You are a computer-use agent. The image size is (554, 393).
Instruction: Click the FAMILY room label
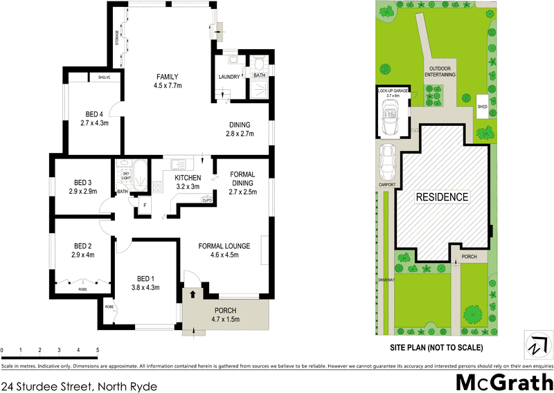point(168,76)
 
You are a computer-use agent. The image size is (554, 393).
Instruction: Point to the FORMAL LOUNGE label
point(224,245)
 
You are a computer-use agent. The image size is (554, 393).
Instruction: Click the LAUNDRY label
point(229,76)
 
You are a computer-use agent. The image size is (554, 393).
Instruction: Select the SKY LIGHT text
point(126,176)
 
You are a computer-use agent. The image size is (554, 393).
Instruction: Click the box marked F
point(145,205)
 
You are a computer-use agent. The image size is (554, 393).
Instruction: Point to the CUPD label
point(206,200)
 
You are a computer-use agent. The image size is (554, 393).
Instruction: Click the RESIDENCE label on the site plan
point(442,197)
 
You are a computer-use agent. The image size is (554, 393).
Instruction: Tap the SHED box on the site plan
point(483,107)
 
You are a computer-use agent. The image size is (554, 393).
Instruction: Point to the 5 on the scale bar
point(98,351)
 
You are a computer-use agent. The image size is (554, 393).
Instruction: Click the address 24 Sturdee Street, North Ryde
point(79,386)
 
